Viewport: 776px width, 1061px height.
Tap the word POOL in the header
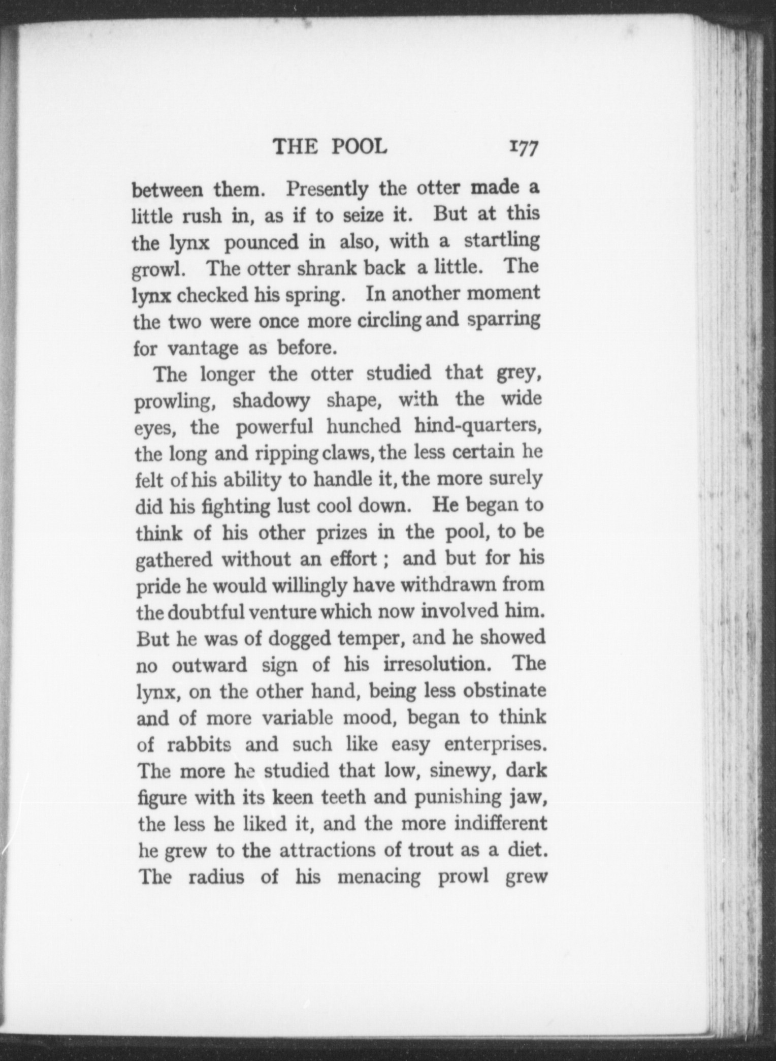359,147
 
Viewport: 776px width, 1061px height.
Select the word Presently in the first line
327,190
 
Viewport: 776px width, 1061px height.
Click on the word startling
501,241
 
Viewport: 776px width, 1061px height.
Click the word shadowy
271,401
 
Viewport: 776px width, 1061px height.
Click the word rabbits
199,744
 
